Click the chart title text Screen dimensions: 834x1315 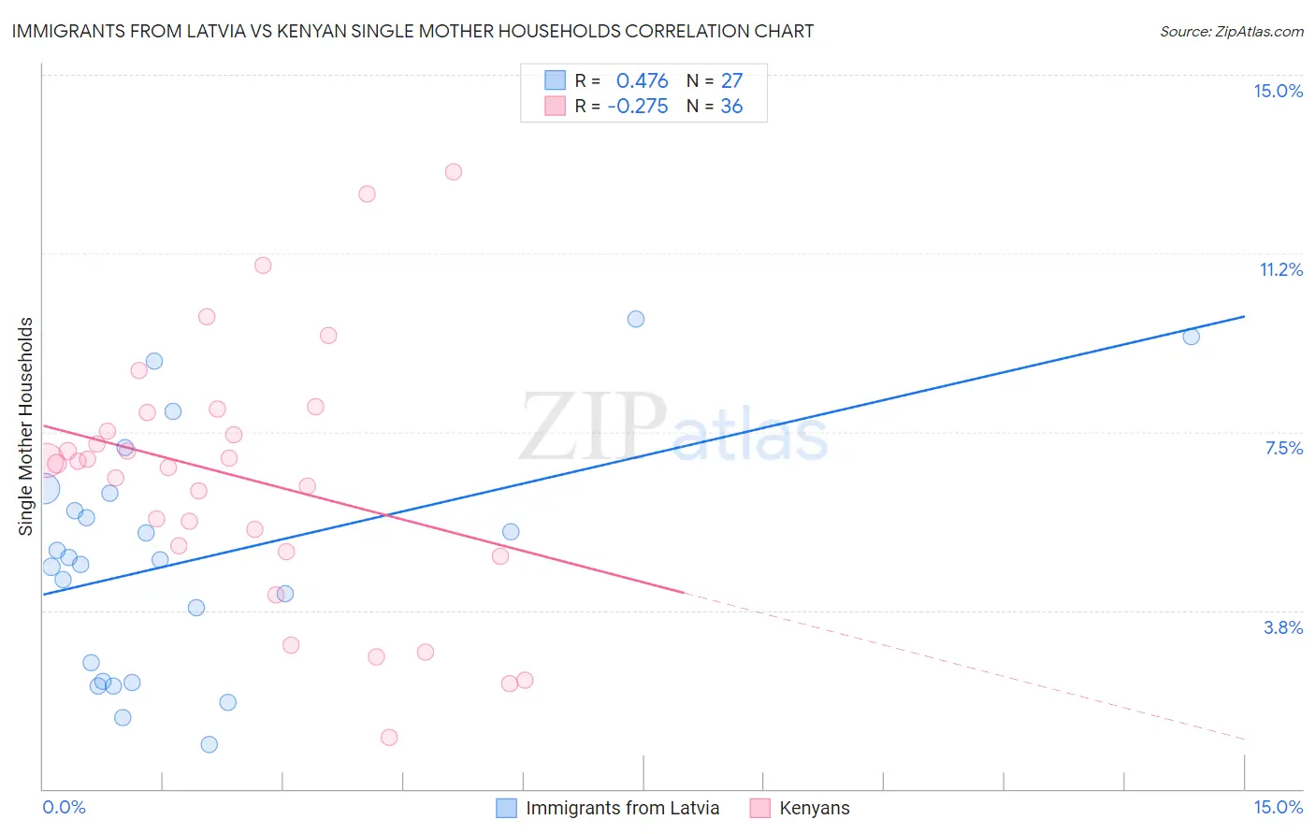pos(412,31)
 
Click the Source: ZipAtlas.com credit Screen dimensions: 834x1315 pos(1231,31)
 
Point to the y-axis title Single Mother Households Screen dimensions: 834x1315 pos(26,426)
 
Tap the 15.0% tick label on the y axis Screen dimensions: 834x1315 pos(1278,91)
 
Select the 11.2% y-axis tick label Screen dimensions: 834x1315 pos(1280,269)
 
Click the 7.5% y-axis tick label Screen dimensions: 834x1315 pos(1283,448)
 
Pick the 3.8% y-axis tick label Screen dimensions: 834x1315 pos(1283,627)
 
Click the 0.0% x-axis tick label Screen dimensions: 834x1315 pos(64,807)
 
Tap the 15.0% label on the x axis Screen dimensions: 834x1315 pos(1278,807)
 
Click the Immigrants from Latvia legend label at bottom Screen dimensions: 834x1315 pos(622,808)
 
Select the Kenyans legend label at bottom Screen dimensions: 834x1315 pos(814,808)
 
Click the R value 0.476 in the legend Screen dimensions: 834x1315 pos(642,80)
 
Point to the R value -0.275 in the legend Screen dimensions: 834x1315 pos(638,106)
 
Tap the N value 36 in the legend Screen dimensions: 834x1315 pos(731,106)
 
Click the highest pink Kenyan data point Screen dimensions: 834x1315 pos(454,171)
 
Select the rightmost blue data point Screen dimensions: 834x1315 pos(1191,337)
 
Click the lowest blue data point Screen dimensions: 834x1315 pos(210,744)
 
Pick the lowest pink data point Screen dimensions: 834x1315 pos(389,737)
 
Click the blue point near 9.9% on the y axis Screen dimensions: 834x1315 pos(636,319)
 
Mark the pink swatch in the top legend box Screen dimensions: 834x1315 pos(556,106)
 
